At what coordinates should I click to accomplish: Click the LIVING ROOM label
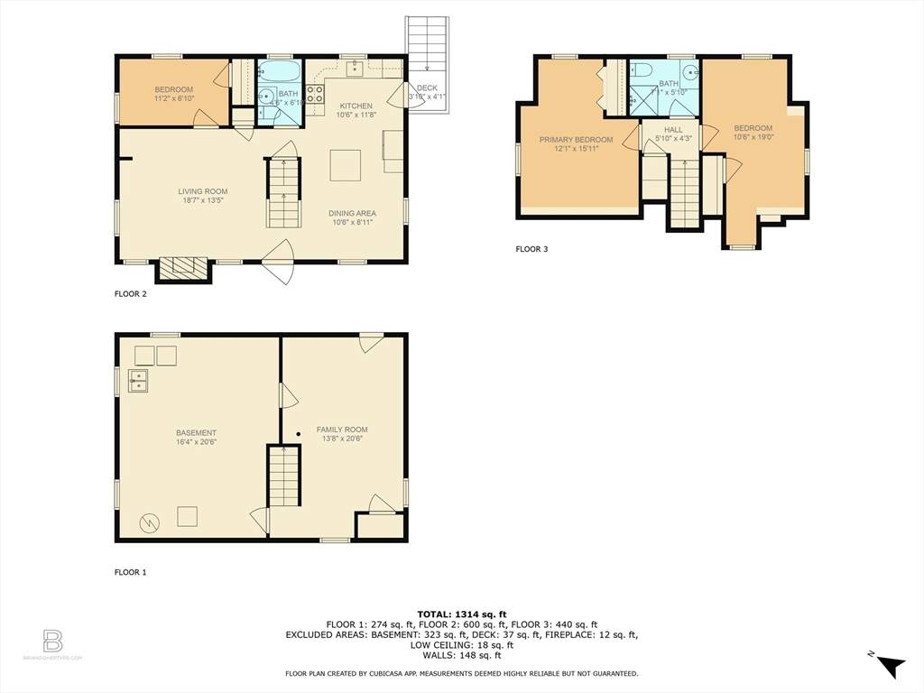202,191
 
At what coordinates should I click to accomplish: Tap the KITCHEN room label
355,106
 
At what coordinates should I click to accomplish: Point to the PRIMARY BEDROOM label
576,140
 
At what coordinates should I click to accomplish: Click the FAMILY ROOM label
341,430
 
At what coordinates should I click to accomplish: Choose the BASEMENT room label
196,433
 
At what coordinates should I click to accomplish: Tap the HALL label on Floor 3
673,130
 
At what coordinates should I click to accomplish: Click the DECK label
427,88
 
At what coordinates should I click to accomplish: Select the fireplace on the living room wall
184,268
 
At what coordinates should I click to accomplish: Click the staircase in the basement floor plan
284,476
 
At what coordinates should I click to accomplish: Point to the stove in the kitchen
315,97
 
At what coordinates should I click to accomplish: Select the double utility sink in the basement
138,381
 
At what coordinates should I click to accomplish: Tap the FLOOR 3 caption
531,249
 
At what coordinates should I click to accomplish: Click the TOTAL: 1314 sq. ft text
461,614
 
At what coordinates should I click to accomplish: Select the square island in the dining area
345,165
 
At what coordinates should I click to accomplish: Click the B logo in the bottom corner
52,642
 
